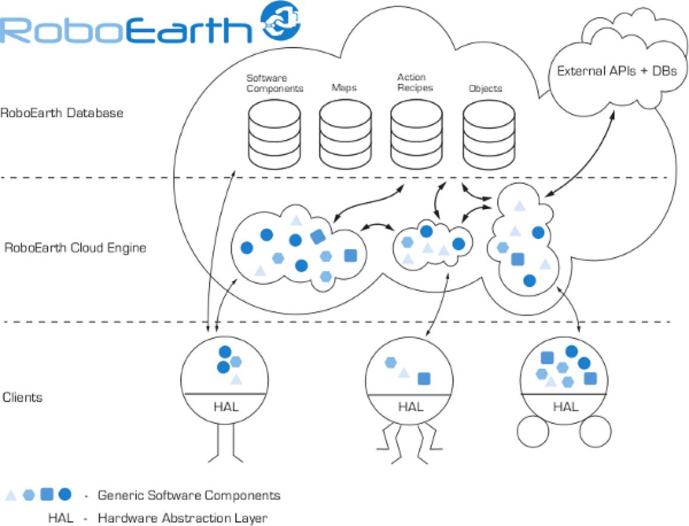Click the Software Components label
[275, 83]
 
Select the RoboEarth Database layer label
[62, 112]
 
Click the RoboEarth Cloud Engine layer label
[74, 247]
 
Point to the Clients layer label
[23, 397]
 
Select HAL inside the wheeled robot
[565, 407]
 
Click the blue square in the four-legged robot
[424, 378]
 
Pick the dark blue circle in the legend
[65, 494]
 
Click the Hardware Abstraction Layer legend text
[182, 517]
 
